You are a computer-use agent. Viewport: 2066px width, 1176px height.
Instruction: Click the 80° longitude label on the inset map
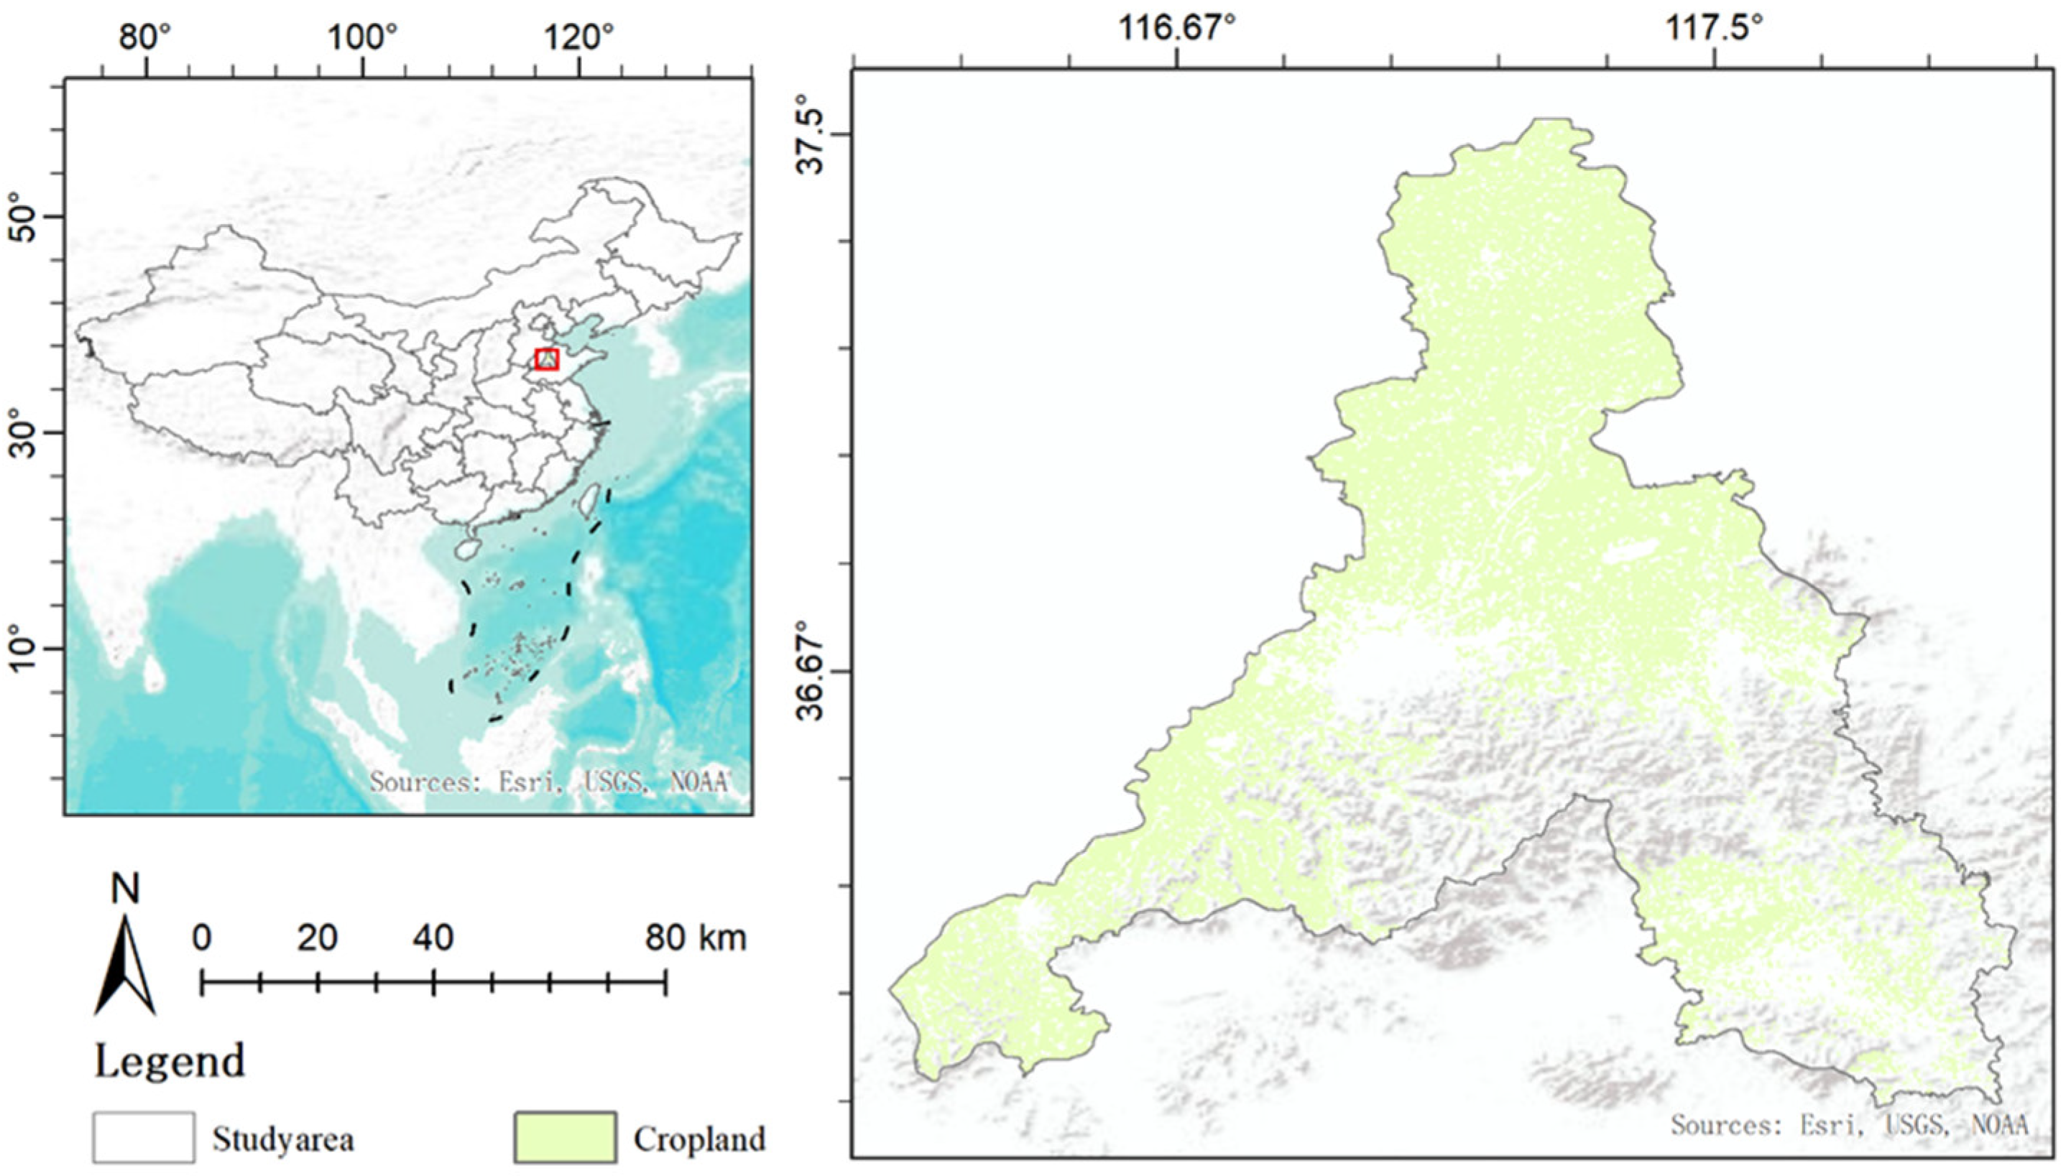tap(147, 37)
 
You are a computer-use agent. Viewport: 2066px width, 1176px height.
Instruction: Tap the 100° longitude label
tap(363, 37)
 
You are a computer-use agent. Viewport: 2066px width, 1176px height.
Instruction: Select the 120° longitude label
tap(578, 37)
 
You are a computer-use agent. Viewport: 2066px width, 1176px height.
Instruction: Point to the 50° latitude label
tap(24, 216)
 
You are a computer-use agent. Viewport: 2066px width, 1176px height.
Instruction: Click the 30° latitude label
tap(24, 433)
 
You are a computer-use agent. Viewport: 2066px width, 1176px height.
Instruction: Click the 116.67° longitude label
tap(1177, 29)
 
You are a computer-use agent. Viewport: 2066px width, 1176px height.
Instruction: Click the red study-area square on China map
tap(547, 359)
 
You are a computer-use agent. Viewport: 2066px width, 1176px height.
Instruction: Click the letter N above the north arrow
tap(125, 889)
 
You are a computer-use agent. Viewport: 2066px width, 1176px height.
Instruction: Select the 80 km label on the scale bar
tap(695, 937)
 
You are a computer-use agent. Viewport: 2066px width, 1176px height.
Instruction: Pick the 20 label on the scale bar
tap(317, 937)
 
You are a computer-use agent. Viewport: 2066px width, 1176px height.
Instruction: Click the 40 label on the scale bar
tap(433, 937)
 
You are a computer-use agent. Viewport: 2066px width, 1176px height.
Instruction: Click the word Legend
tap(170, 1061)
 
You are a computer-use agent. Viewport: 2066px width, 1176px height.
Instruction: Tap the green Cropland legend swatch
tap(565, 1137)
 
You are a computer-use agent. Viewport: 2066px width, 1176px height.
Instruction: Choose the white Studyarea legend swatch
tap(143, 1137)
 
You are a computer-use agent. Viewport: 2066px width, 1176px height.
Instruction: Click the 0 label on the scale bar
tap(202, 937)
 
